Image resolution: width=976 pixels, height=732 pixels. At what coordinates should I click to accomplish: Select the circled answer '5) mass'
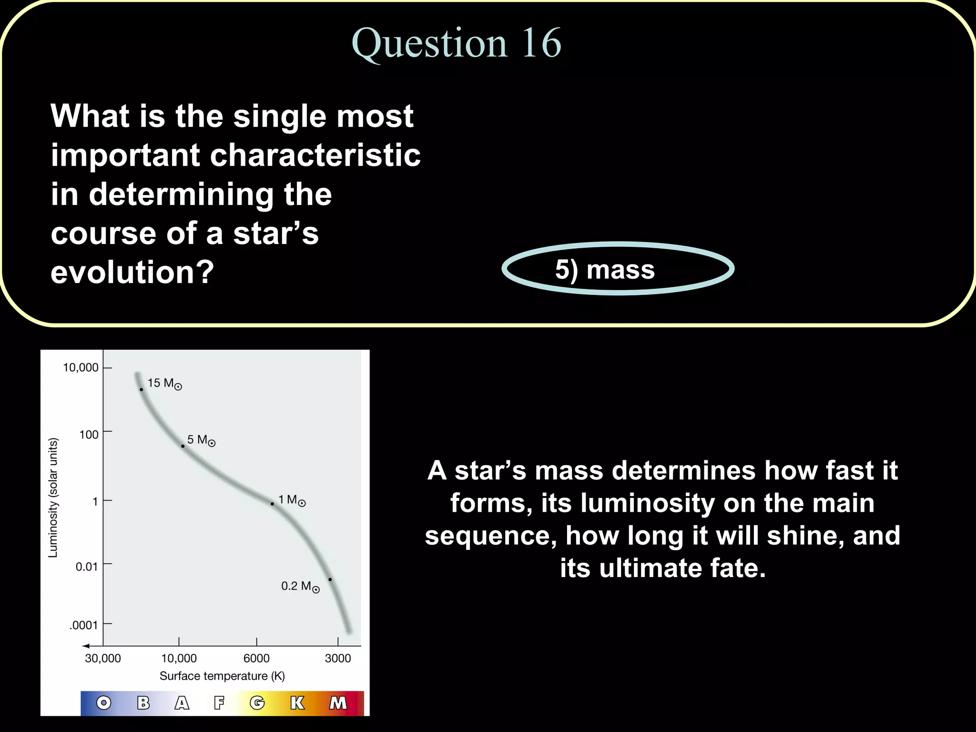(605, 270)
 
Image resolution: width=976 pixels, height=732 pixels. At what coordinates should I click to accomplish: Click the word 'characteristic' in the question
(315, 155)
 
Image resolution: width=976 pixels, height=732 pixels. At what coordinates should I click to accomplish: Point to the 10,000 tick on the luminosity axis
(81, 367)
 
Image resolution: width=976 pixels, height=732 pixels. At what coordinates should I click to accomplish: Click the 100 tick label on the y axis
(89, 435)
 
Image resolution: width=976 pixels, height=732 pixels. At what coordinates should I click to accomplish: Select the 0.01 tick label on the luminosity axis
(86, 567)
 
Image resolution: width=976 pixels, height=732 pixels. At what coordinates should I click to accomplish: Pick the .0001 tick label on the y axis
(83, 625)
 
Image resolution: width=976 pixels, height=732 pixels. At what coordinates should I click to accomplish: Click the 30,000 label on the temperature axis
(102, 659)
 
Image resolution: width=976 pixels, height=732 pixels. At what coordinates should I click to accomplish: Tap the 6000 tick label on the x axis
(256, 659)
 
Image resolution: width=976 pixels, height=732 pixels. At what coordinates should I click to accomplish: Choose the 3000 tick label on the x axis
(337, 659)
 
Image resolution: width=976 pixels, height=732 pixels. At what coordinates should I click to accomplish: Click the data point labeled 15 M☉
(141, 390)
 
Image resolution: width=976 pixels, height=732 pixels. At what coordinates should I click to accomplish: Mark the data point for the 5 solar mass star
(183, 447)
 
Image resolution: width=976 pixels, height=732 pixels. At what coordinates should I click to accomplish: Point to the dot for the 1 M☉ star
(272, 504)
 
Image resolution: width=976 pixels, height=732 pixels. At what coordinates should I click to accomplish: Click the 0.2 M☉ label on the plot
(300, 586)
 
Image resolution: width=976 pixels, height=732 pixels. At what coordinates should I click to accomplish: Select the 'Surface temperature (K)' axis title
(222, 676)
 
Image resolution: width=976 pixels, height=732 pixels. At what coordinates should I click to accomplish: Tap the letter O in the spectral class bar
(103, 703)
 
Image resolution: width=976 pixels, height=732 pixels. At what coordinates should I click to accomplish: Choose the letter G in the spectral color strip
(257, 703)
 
